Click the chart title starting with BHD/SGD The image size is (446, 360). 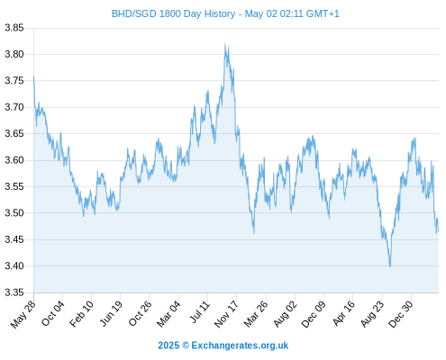point(225,13)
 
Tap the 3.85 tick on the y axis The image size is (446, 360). point(14,28)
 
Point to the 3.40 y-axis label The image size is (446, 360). point(14,265)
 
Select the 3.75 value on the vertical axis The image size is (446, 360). point(14,81)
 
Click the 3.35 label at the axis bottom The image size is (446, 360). point(14,292)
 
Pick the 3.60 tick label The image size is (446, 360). point(14,160)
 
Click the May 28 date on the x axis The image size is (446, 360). point(23,313)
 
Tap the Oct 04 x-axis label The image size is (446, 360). point(53,313)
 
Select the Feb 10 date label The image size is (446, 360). point(82,313)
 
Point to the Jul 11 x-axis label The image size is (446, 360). point(200,312)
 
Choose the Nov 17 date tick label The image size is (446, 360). point(227,313)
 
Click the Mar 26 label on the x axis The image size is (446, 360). point(256,313)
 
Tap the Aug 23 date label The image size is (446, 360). point(372,313)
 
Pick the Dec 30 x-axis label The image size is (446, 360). point(401,313)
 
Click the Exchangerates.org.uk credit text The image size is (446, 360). point(240,346)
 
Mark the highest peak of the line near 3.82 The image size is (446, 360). point(225,44)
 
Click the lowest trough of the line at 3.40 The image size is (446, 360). point(390,266)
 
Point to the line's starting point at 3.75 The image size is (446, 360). point(33,76)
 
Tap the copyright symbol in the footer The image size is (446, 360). point(186,346)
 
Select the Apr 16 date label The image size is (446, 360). point(344,313)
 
